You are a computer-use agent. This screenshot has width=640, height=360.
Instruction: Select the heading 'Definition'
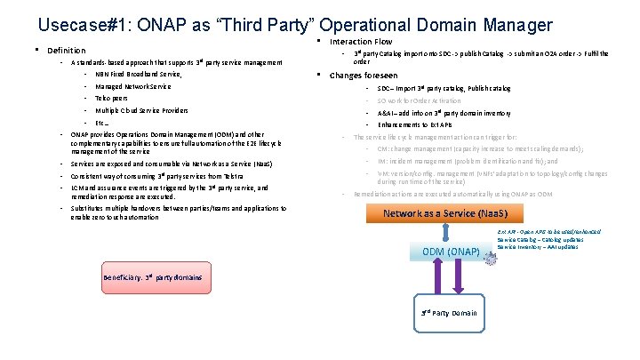66,51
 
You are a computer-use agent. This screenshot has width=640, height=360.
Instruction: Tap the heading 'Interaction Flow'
360,42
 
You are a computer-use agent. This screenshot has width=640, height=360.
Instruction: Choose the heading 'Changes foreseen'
364,76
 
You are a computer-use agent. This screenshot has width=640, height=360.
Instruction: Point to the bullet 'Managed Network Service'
132,86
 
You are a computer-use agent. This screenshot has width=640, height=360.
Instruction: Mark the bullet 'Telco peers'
113,99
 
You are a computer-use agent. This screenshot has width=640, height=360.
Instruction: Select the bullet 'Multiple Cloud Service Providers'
141,110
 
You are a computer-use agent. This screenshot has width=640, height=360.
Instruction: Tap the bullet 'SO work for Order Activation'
431,100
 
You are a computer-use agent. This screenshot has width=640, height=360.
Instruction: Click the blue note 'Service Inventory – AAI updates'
539,246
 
